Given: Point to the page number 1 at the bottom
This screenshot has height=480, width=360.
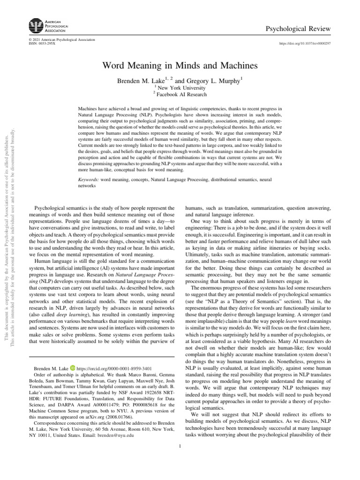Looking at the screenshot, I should pos(180,445).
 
